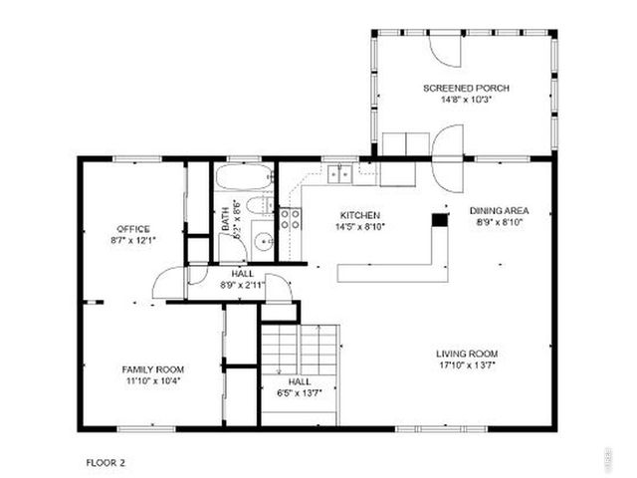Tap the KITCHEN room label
point(359,215)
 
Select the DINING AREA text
point(499,210)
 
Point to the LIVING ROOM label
point(467,354)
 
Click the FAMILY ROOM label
point(152,368)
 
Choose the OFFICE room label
point(133,229)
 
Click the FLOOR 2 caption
point(105,462)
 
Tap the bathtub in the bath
point(244,179)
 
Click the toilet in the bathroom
point(257,206)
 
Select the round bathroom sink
point(262,240)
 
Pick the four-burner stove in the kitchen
point(290,219)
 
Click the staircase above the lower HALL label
point(300,349)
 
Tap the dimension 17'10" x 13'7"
point(467,365)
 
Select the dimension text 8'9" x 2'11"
point(243,285)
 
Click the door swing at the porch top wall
point(443,49)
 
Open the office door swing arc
point(167,283)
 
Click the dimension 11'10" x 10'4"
point(152,380)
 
